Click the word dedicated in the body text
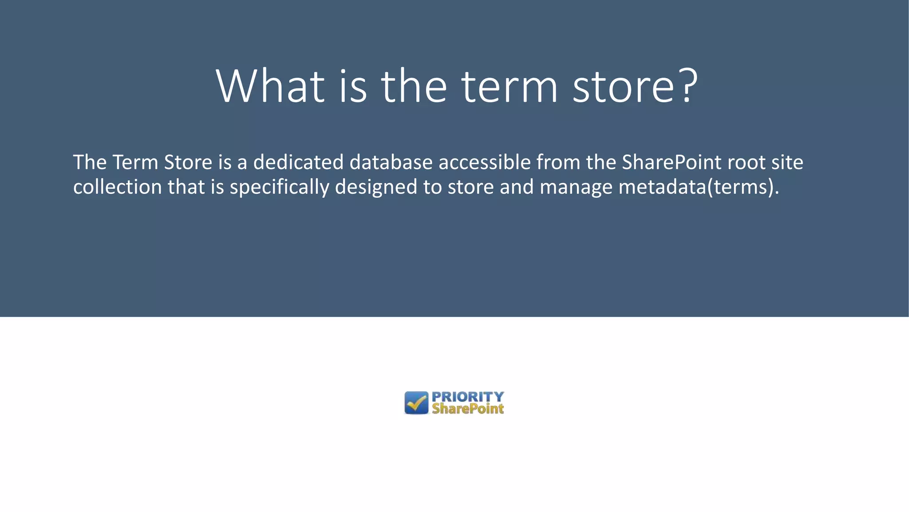298,162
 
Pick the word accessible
485,162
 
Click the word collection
117,187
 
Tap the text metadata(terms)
699,187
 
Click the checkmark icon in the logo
416,403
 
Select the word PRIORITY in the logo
468,396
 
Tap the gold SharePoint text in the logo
468,409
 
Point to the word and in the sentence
517,187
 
